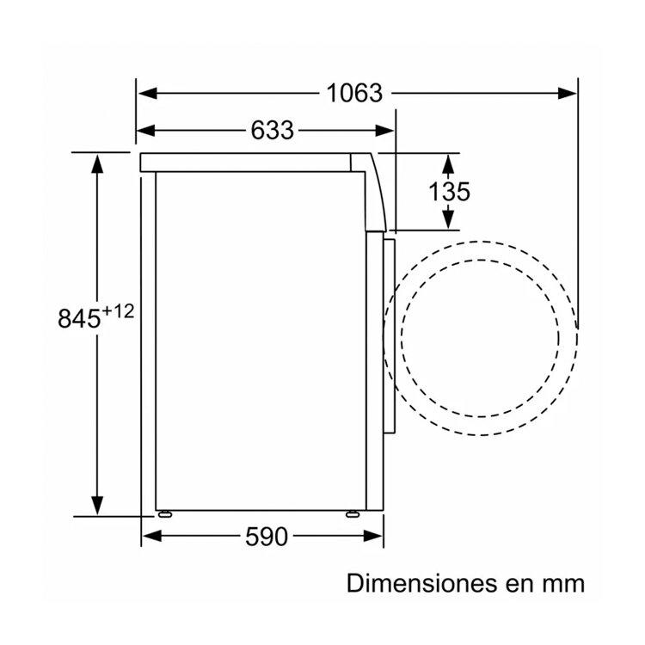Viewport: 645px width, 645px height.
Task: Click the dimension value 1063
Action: click(354, 93)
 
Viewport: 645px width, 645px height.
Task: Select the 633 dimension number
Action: click(273, 131)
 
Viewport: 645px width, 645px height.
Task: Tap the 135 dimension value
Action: click(449, 192)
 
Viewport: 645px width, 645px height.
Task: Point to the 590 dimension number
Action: click(267, 537)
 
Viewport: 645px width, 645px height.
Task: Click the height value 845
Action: click(79, 318)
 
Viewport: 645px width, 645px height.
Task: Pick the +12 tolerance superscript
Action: click(118, 311)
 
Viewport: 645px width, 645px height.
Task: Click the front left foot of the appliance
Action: click(165, 513)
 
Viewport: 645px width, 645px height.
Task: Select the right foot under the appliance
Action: click(352, 513)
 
